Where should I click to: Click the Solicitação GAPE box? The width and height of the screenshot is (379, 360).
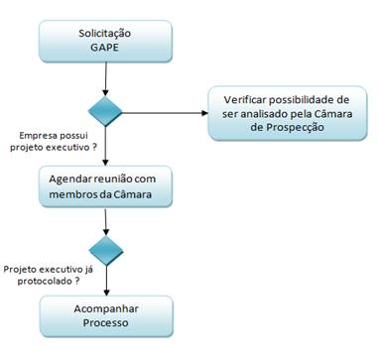tap(105, 40)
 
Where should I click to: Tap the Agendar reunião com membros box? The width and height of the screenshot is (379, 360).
tap(105, 182)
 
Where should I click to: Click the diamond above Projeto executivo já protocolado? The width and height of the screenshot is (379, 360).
tap(105, 247)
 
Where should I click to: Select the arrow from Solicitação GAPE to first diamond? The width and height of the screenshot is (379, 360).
tap(105, 76)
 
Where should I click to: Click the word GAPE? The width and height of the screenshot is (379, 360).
tap(105, 49)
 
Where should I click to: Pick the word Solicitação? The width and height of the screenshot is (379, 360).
tap(105, 33)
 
